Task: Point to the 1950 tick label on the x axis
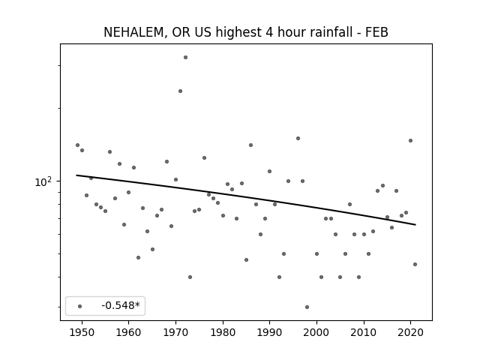[82, 332]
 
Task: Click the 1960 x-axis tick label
[128, 332]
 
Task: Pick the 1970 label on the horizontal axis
[175, 332]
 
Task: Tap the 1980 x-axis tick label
[223, 332]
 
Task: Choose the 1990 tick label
[270, 332]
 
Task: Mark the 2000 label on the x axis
[316, 332]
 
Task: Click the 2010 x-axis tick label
[364, 332]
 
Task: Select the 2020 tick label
[411, 332]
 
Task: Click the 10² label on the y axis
[43, 181]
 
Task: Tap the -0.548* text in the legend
[121, 305]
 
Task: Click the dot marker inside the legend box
[80, 306]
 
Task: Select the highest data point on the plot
[185, 57]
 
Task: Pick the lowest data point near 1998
[307, 307]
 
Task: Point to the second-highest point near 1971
[180, 91]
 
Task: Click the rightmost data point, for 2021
[415, 264]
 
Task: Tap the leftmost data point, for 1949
[77, 145]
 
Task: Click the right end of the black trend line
[415, 225]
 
